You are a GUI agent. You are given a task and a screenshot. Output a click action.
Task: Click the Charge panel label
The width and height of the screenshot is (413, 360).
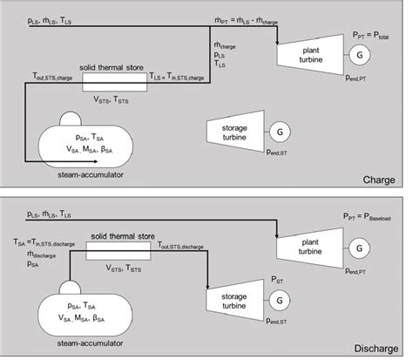point(379,180)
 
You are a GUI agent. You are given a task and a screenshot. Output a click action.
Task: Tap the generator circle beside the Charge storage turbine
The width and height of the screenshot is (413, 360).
point(280,131)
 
